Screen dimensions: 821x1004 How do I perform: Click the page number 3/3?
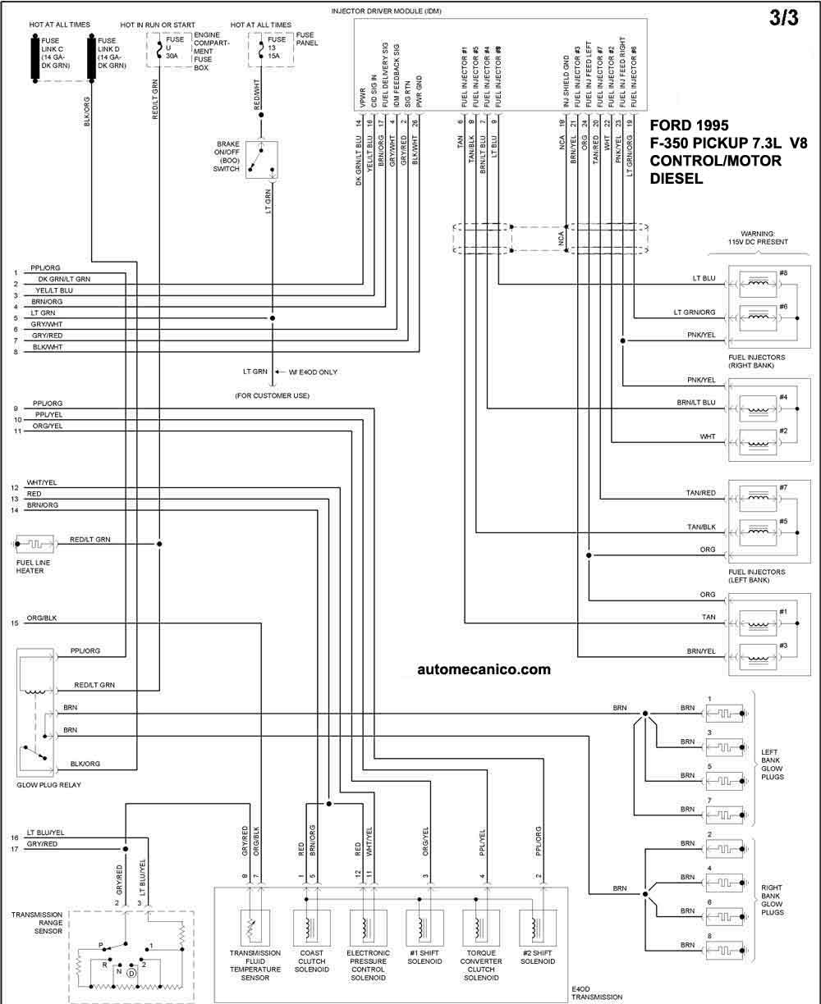784,18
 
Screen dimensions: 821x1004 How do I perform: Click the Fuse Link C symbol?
34,58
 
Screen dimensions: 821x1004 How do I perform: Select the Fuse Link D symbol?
91,58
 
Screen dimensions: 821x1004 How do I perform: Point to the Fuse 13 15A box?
271,49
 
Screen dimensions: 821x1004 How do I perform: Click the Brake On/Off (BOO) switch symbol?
262,159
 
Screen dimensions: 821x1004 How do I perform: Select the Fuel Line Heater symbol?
34,544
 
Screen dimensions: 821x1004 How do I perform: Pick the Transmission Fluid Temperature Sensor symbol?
255,928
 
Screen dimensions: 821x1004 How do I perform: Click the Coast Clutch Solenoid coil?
312,928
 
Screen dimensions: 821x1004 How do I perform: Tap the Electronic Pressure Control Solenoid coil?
369,928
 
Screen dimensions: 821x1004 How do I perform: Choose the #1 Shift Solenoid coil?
424,928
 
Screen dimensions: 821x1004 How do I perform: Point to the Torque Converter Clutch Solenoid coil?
481,928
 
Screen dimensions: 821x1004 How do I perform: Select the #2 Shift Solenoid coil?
538,928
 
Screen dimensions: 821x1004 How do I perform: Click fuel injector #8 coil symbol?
758,284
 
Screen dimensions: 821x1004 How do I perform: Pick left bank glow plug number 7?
724,815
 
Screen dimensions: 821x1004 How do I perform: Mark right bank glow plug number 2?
724,849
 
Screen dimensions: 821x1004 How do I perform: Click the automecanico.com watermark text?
484,669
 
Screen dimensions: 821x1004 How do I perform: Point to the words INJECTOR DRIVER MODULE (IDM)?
387,11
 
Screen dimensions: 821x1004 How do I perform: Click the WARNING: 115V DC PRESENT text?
758,238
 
